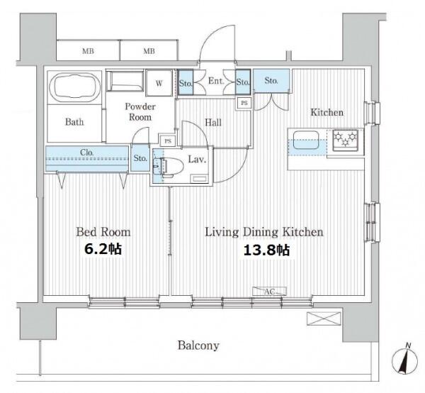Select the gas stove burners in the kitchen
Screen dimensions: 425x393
[346, 138]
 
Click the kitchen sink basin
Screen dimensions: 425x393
[306, 140]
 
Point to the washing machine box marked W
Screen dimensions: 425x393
[159, 83]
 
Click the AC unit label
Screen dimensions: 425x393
[269, 292]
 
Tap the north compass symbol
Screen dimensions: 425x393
[404, 360]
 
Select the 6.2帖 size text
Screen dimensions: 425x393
[103, 249]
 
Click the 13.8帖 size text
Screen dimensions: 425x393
[267, 250]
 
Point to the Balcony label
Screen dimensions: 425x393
[198, 345]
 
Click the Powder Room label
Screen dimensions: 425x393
[140, 111]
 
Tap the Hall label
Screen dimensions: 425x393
[213, 123]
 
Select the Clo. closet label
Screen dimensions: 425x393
[86, 153]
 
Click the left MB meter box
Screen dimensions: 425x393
[88, 50]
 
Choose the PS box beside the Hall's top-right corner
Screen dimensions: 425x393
[244, 103]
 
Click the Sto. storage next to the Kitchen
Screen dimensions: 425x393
[271, 81]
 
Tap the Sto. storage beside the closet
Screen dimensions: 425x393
[140, 158]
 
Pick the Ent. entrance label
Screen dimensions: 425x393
[216, 81]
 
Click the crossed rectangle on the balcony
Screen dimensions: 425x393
[324, 319]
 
